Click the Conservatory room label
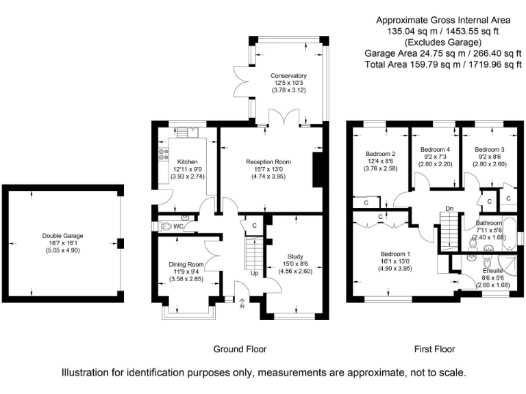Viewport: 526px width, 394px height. pyautogui.click(x=288, y=76)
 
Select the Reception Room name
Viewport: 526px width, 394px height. pyautogui.click(x=268, y=162)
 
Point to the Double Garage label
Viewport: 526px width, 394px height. pyautogui.click(x=62, y=236)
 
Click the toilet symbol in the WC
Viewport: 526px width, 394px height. pyautogui.click(x=165, y=226)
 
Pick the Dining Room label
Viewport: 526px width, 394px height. pyautogui.click(x=186, y=264)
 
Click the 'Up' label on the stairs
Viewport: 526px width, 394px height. pyautogui.click(x=254, y=274)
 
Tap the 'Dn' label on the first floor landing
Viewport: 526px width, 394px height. pyautogui.click(x=449, y=209)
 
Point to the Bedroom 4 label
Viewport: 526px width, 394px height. pyautogui.click(x=435, y=150)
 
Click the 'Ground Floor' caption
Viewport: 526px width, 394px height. pyautogui.click(x=240, y=349)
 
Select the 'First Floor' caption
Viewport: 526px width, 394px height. pyautogui.click(x=434, y=349)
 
